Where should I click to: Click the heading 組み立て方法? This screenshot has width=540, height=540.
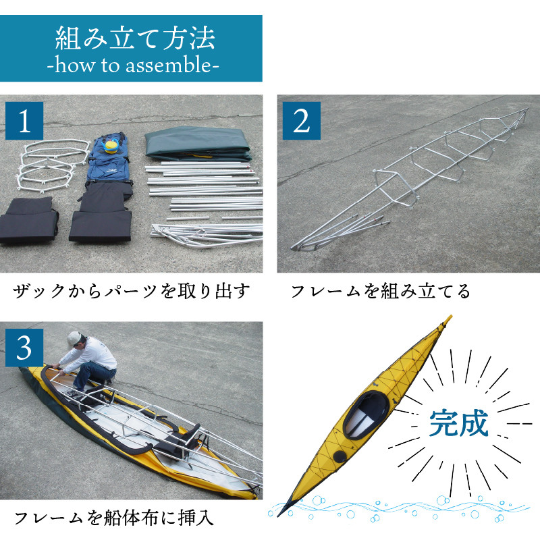[x=135, y=38]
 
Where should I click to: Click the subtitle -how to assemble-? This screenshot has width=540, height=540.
[x=133, y=65]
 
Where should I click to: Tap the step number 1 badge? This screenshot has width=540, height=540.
[x=24, y=121]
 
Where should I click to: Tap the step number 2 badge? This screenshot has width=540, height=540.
[x=301, y=121]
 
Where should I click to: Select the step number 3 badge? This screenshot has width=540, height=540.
[x=24, y=348]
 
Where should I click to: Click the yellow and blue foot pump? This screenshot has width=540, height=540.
[x=112, y=146]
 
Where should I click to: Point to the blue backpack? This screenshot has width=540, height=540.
[x=109, y=159]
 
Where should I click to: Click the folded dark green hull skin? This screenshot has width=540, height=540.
[x=198, y=144]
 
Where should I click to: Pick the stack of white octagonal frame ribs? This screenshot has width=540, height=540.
[x=52, y=165]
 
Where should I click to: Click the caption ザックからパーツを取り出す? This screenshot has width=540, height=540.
[x=131, y=291]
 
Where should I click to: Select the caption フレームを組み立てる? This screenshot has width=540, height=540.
[x=381, y=291]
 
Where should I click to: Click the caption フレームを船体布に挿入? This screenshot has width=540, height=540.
[x=113, y=518]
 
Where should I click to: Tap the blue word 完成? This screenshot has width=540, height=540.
[x=459, y=423]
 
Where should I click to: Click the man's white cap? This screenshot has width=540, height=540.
[x=74, y=339]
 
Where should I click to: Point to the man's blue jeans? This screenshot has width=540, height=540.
[x=92, y=375]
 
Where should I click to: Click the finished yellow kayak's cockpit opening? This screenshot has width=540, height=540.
[x=367, y=414]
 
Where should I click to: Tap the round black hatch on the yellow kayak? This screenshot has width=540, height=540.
[x=340, y=456]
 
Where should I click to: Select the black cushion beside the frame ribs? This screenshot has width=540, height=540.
[x=28, y=221]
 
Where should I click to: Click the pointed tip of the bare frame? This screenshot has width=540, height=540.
[x=294, y=248]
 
